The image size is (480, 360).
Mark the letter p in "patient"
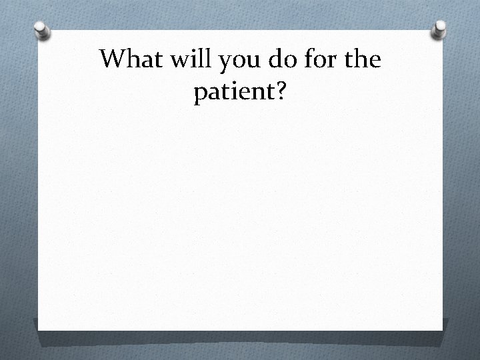[200, 97]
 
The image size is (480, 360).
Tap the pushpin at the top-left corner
[42, 30]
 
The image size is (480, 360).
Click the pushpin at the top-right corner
[439, 28]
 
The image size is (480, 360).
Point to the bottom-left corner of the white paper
[38, 330]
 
